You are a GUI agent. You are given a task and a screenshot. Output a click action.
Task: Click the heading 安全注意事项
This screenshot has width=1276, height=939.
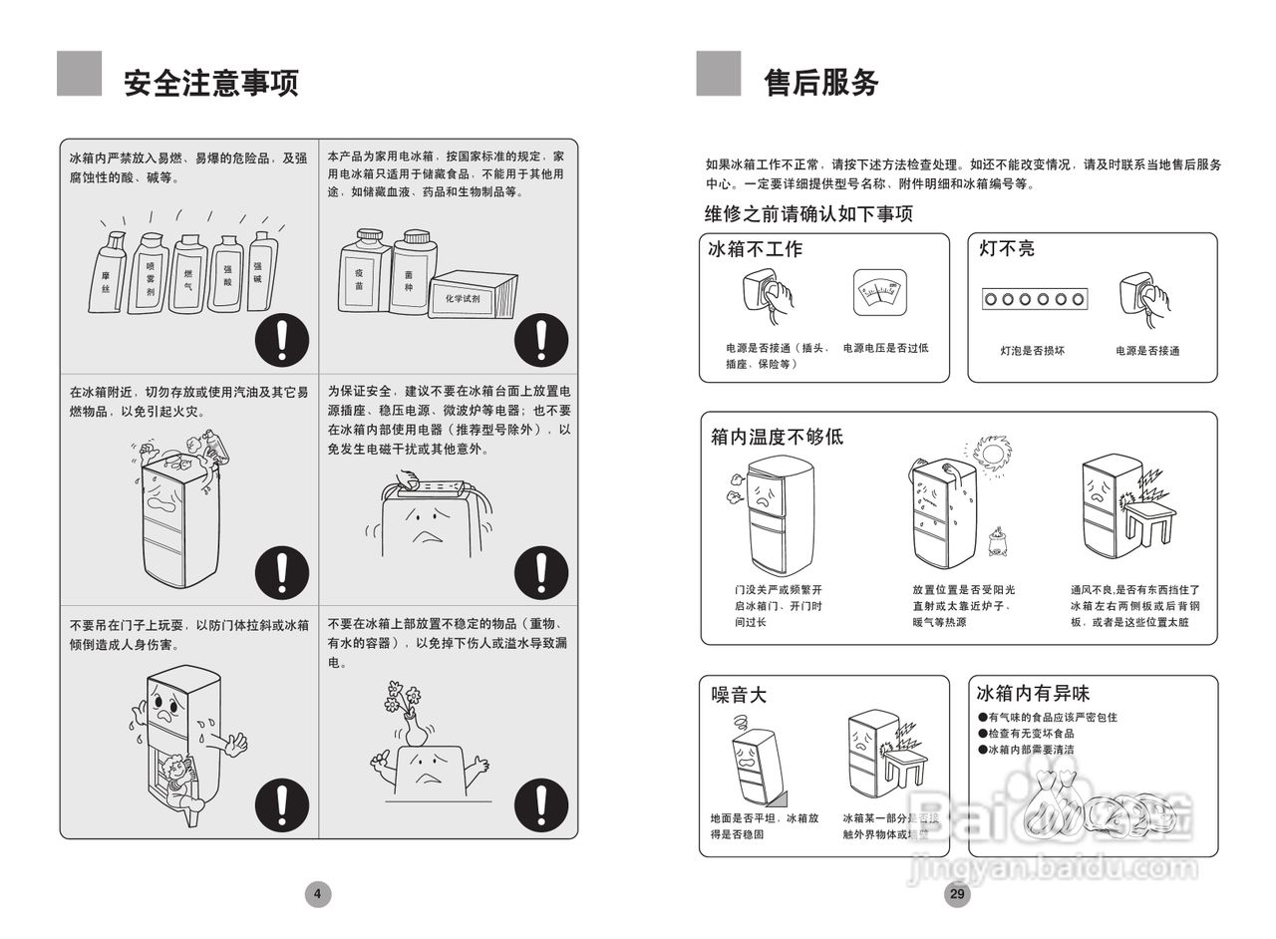[210, 82]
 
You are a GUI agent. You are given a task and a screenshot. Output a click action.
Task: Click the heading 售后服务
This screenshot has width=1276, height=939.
[820, 82]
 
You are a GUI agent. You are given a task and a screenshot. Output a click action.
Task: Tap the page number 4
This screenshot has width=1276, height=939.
[317, 894]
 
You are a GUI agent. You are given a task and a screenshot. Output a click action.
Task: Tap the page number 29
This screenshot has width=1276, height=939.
[956, 894]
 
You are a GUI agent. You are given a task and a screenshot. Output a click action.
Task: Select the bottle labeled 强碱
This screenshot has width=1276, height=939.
[262, 271]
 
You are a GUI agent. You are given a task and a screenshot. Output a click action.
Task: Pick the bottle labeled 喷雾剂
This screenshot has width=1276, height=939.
[151, 273]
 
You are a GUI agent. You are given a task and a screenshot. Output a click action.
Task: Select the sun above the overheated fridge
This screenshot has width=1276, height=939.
[992, 453]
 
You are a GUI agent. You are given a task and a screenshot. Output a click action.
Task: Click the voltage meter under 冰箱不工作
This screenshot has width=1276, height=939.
[880, 292]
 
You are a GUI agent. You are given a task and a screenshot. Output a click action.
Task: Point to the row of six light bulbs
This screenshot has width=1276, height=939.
[1033, 298]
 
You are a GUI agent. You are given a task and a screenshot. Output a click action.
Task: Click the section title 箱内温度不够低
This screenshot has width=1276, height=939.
[777, 437]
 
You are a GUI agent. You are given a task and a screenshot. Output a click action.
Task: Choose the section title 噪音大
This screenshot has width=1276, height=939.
[739, 695]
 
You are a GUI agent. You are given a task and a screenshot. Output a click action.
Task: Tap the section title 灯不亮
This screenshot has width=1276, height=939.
[1007, 248]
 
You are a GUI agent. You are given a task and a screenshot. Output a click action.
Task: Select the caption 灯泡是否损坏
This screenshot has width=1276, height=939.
[1033, 351]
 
